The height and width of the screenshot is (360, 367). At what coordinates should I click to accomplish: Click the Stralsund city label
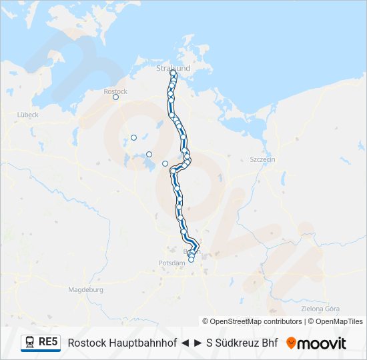tap(173, 68)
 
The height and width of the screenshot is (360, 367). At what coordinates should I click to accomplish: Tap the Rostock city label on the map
tap(115, 91)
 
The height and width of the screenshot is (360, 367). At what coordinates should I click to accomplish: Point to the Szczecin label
tap(262, 160)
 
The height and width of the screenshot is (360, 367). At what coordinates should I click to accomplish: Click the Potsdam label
tap(173, 263)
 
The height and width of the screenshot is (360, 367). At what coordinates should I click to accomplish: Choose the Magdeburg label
tap(85, 290)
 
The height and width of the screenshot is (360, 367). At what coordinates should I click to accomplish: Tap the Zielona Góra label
tap(321, 309)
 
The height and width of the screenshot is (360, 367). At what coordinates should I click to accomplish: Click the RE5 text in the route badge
tap(49, 342)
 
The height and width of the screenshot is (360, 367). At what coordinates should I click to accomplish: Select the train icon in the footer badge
tap(30, 342)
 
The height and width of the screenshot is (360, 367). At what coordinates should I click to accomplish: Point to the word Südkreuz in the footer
tap(237, 343)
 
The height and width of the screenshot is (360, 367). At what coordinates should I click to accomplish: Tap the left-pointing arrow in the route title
tap(184, 343)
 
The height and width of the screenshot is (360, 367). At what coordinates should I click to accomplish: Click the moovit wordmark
tap(322, 343)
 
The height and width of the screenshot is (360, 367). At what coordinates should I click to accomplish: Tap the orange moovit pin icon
tap(291, 343)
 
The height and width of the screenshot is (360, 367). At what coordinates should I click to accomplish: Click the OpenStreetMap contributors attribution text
tap(252, 321)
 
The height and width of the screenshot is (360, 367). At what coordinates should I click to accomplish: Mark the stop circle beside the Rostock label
tap(115, 97)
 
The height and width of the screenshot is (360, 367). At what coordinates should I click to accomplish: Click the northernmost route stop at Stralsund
tap(173, 73)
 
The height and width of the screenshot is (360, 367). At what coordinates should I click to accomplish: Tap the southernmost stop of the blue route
tap(191, 259)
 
